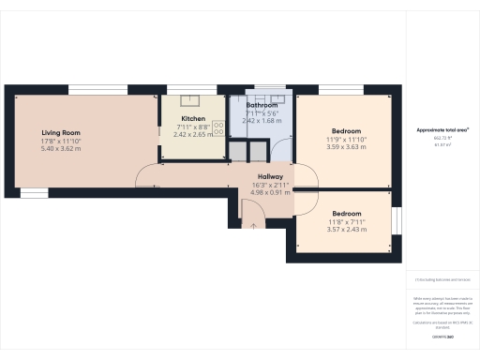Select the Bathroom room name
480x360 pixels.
[262, 104]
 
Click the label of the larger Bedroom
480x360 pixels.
[346, 130]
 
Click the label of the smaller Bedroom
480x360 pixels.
[346, 213]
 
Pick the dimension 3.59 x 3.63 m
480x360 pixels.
[346, 146]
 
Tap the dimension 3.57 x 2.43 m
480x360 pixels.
[346, 229]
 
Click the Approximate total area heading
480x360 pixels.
[442, 129]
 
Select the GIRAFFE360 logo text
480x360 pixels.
[442, 335]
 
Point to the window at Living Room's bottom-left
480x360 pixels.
[34, 194]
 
